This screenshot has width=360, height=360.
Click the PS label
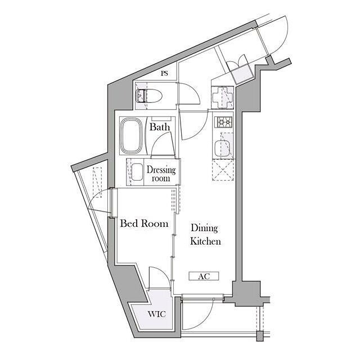point(164,74)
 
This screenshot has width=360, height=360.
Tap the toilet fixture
point(149,96)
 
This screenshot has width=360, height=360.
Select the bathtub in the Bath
point(132,136)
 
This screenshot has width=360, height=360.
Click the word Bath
point(160,127)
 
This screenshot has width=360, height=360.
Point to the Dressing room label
point(161,174)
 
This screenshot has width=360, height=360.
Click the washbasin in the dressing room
point(137,172)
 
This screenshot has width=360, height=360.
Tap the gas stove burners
point(223,122)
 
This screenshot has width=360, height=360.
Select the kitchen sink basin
point(222,147)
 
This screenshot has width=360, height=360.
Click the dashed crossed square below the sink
point(223,170)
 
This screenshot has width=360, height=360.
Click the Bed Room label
point(144,223)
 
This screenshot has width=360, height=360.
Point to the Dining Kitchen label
point(205,235)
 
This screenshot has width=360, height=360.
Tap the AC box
point(204,276)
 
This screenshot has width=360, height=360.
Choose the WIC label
point(157,314)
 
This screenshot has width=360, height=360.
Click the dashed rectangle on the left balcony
point(97,182)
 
